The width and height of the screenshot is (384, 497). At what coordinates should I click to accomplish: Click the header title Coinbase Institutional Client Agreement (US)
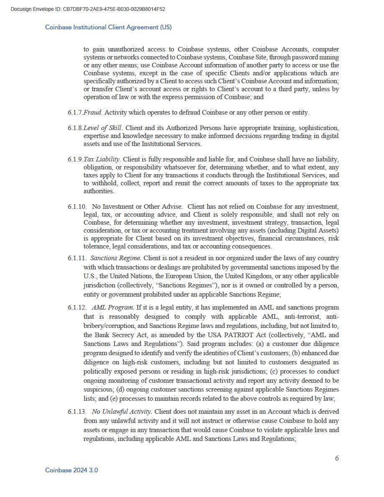pos(108,27)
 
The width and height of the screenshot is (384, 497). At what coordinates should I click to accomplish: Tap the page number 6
pos(337,458)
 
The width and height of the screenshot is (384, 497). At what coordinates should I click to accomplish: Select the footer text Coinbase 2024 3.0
pos(72,470)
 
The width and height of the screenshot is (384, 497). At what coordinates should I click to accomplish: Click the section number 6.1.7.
pos(75,113)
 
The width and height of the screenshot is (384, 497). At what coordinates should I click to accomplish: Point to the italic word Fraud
pos(92,113)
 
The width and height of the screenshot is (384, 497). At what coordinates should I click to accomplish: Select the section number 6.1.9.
pos(75,159)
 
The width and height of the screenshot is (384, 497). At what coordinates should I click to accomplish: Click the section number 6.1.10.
pos(77,207)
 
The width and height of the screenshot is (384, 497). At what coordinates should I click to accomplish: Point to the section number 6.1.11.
pos(77,258)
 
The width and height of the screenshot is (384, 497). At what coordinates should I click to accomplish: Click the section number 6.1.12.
pos(77,308)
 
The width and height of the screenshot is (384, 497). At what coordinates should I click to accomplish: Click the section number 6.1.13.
pos(77,412)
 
